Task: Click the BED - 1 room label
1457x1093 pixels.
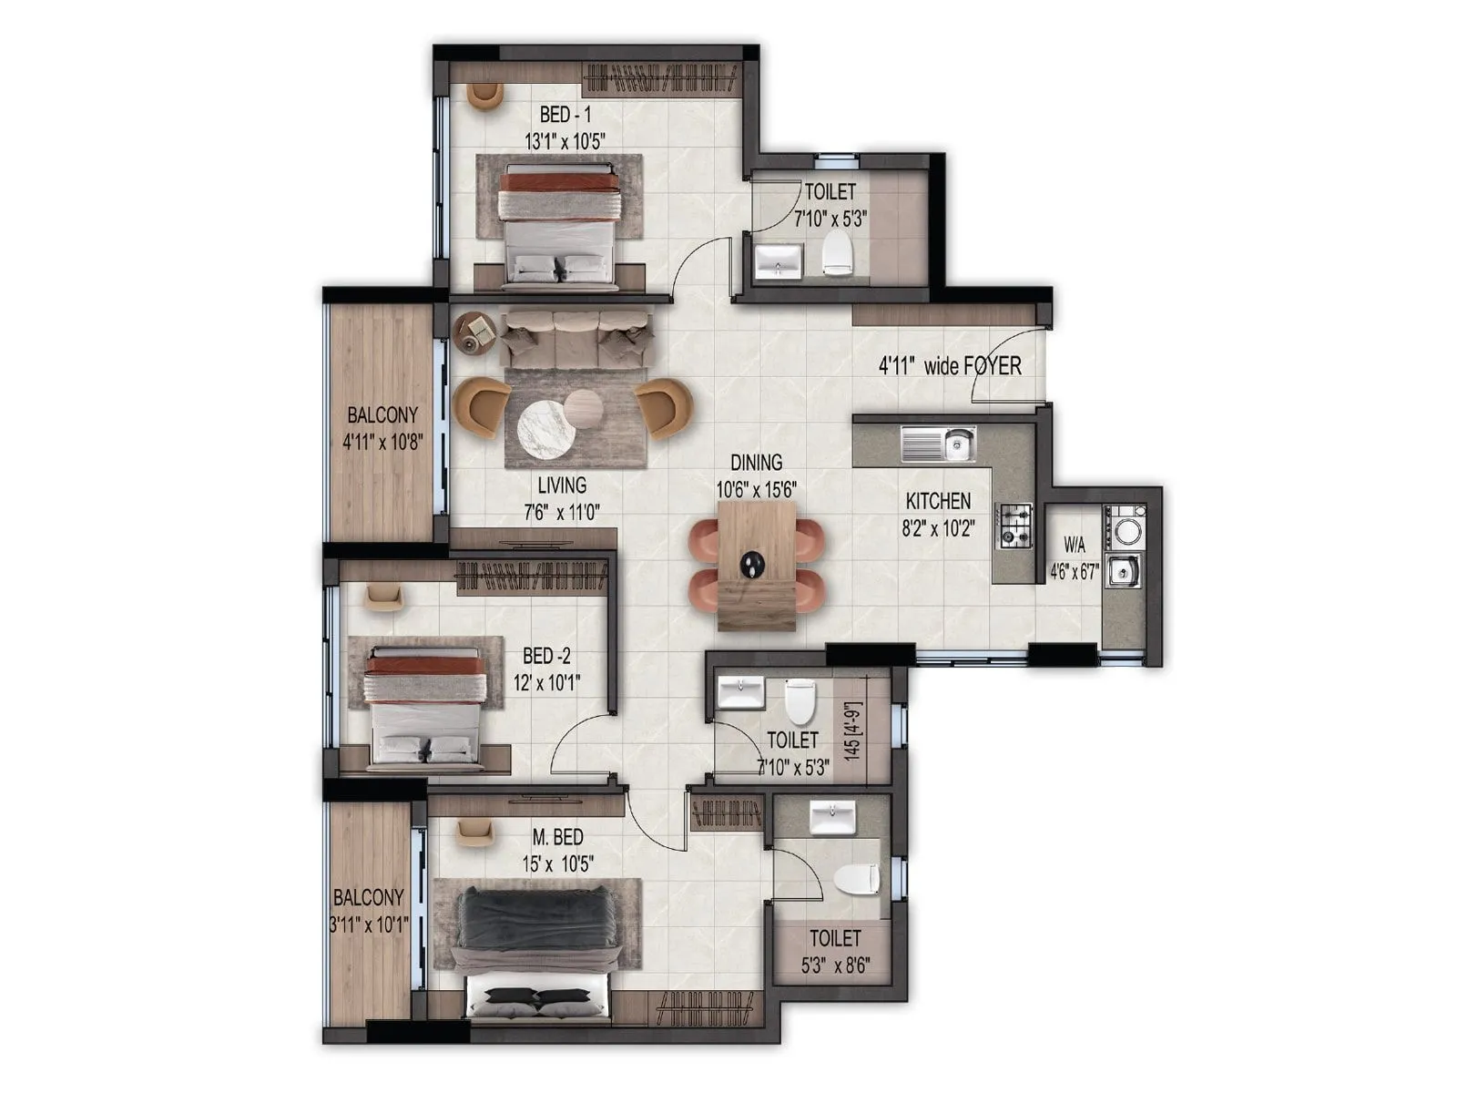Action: [565, 115]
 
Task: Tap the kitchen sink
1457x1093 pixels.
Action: [938, 444]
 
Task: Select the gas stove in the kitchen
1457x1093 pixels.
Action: [1016, 526]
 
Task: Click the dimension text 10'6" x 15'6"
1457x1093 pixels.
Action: [756, 489]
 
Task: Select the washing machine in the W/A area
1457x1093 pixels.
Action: [1124, 527]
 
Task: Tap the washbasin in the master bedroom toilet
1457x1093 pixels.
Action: [832, 815]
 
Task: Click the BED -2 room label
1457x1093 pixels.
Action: [546, 656]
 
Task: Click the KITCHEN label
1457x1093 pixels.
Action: [938, 501]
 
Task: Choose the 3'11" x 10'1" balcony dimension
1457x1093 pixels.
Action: [369, 924]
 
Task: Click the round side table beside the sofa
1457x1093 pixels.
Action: [474, 332]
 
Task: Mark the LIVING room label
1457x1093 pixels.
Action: [562, 485]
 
